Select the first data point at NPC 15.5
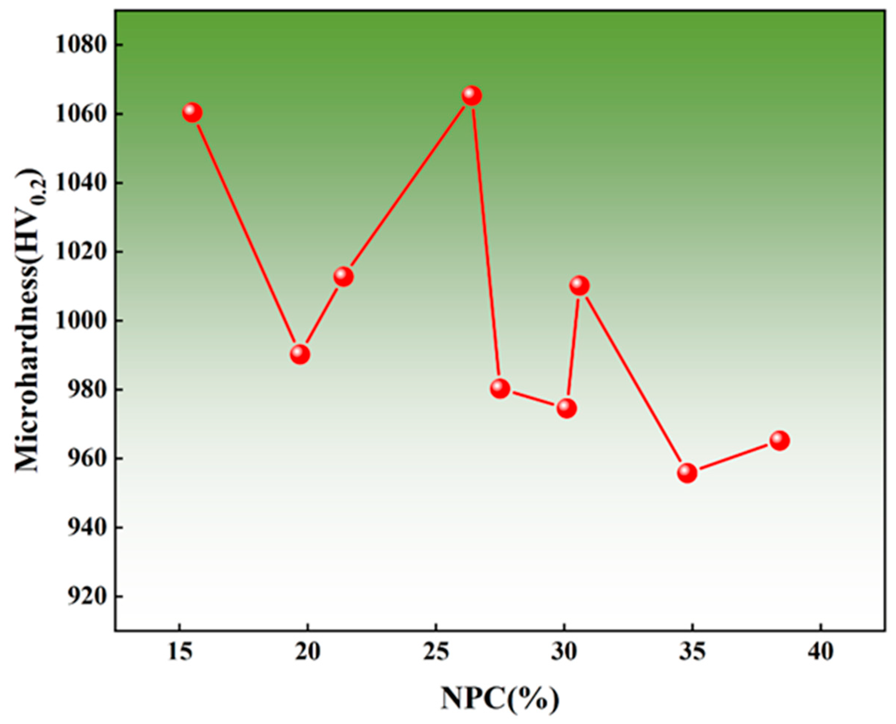pyautogui.click(x=192, y=113)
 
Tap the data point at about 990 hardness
pyautogui.click(x=300, y=354)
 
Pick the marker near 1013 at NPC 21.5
pyautogui.click(x=344, y=277)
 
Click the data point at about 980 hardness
pyautogui.click(x=500, y=389)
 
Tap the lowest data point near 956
pyautogui.click(x=687, y=473)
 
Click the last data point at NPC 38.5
pyautogui.click(x=780, y=440)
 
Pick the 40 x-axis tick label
pyautogui.click(x=820, y=652)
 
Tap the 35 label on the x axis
pyautogui.click(x=692, y=652)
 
